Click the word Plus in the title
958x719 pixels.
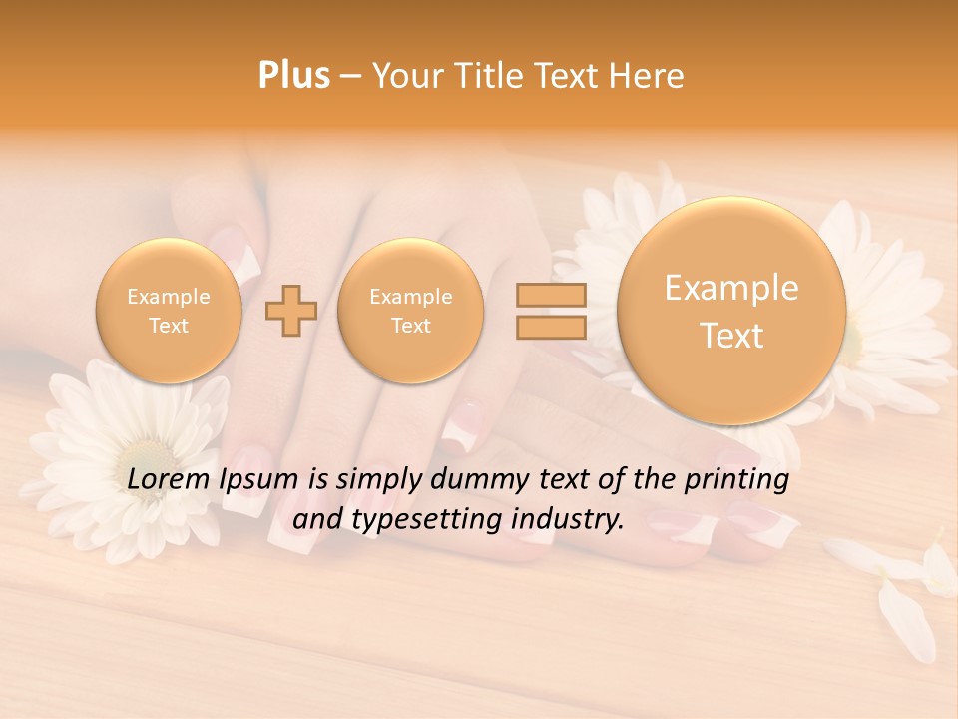point(293,76)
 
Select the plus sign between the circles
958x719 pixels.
point(291,311)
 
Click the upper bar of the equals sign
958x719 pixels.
point(550,296)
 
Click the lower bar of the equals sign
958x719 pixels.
point(550,327)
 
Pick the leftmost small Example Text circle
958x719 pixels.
point(169,311)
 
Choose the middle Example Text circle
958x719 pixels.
point(410,311)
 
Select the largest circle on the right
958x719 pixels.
point(731,311)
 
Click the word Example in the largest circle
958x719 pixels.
point(731,288)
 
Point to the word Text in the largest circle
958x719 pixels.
point(731,336)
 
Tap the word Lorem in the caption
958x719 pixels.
point(170,480)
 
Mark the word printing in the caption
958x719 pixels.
point(736,480)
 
